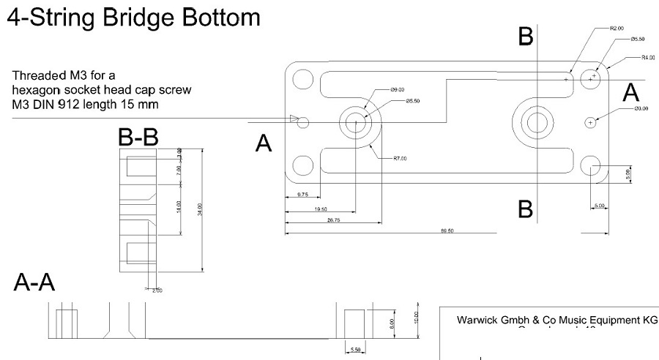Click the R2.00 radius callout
click(x=617, y=28)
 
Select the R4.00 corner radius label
click(x=647, y=56)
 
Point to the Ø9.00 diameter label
click(x=398, y=89)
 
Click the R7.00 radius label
click(x=400, y=157)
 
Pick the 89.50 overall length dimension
click(x=446, y=230)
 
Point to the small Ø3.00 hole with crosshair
click(x=592, y=122)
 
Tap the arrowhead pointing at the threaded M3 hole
click(x=294, y=119)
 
